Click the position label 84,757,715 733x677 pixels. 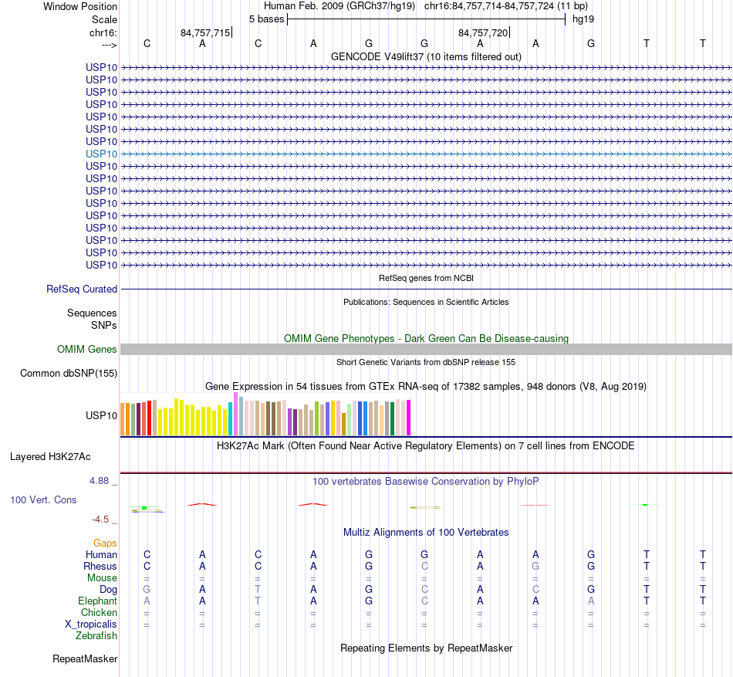click(x=205, y=33)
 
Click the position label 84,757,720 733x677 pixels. click(x=483, y=33)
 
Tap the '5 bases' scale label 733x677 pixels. click(x=266, y=19)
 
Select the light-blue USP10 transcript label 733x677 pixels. click(x=102, y=154)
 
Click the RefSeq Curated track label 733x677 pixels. click(x=82, y=289)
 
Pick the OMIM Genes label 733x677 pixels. click(x=87, y=350)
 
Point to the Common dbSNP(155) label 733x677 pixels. click(x=68, y=374)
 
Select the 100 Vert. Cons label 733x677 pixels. click(x=43, y=500)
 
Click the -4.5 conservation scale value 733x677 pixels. click(x=104, y=520)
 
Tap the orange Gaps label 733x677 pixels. click(x=105, y=543)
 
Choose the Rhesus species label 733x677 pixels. click(x=100, y=567)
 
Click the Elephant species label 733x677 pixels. click(x=97, y=601)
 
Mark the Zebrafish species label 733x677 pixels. click(x=96, y=636)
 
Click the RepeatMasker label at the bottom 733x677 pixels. click(x=85, y=659)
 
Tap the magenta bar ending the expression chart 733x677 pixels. click(x=409, y=418)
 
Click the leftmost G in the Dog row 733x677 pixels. click(x=147, y=590)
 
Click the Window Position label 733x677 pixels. click(x=80, y=7)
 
